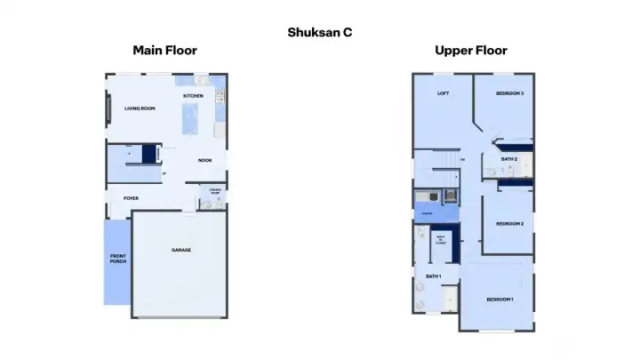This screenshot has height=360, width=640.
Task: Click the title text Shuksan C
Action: pyautogui.click(x=321, y=32)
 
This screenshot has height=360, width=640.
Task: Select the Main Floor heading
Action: pyautogui.click(x=164, y=51)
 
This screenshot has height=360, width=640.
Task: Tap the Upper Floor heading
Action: pyautogui.click(x=471, y=51)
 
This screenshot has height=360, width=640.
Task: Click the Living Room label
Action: pyautogui.click(x=140, y=108)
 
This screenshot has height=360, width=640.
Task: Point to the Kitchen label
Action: pyautogui.click(x=193, y=96)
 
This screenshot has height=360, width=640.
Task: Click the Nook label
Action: pyautogui.click(x=204, y=161)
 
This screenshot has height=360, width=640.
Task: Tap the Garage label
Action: pyautogui.click(x=181, y=250)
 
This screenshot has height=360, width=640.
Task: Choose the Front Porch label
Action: pyautogui.click(x=117, y=260)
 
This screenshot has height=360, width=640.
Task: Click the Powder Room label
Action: pyautogui.click(x=214, y=191)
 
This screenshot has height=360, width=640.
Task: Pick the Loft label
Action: pyautogui.click(x=442, y=93)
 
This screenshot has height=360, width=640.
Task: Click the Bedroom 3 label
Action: pyautogui.click(x=509, y=93)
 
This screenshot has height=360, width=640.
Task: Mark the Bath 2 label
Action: pyautogui.click(x=508, y=159)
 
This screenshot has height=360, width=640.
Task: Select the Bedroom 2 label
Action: pyautogui.click(x=509, y=223)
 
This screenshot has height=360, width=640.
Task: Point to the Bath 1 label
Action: pyautogui.click(x=433, y=276)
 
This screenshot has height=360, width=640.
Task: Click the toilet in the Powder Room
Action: pyautogui.click(x=204, y=204)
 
